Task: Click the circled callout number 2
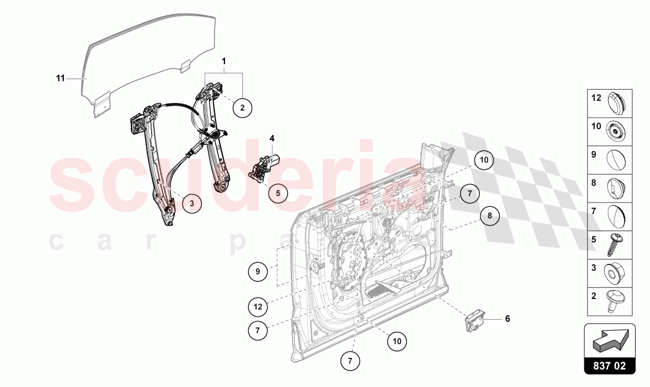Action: pyautogui.click(x=242, y=107)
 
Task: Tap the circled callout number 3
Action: pyautogui.click(x=191, y=204)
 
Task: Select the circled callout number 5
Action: pyautogui.click(x=278, y=193)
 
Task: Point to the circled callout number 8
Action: pyautogui.click(x=490, y=216)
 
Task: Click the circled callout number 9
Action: pyautogui.click(x=257, y=270)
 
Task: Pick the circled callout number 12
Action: pyautogui.click(x=258, y=307)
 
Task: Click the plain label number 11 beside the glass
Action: pyautogui.click(x=60, y=79)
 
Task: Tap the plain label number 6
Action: pyautogui.click(x=507, y=318)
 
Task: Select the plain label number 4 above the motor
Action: pyautogui.click(x=271, y=138)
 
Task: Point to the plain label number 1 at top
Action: pyautogui.click(x=224, y=61)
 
